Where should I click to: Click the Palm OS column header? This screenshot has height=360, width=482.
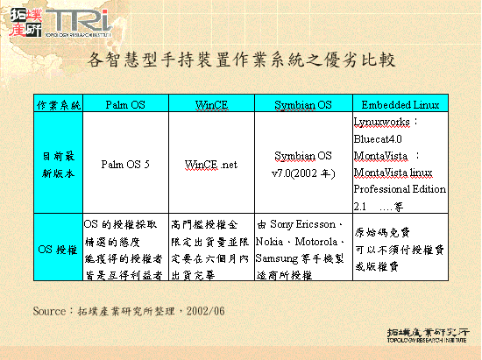(125, 105)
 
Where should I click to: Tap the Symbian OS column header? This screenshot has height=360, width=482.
(301, 105)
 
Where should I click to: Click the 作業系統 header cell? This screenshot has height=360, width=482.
(58, 105)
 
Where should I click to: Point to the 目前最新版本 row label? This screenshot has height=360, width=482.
(58, 163)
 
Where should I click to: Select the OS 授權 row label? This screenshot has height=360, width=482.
(58, 250)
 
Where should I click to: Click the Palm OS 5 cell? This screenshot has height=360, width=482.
(125, 164)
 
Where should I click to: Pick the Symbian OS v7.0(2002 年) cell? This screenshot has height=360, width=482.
(301, 164)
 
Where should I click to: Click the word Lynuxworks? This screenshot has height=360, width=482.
(384, 122)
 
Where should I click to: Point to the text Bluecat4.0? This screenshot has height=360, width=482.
(378, 138)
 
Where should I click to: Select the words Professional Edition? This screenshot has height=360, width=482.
(400, 188)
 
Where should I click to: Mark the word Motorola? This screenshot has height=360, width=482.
(318, 242)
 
